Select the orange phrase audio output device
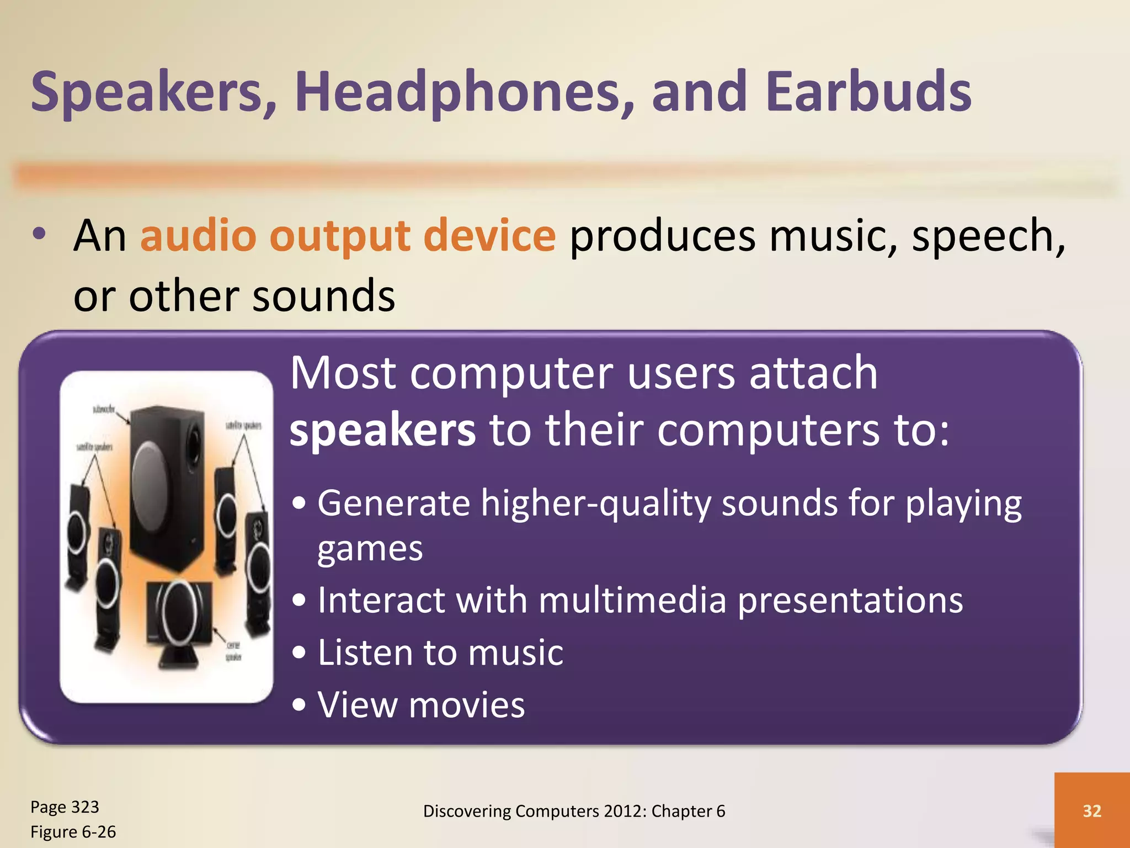click(348, 236)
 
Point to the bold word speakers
click(382, 431)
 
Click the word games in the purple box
click(370, 550)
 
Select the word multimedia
click(632, 601)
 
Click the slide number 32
click(1092, 810)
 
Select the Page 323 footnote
click(65, 807)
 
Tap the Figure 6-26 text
click(73, 832)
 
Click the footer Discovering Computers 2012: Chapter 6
click(574, 811)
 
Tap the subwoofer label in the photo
click(103, 409)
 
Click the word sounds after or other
click(323, 296)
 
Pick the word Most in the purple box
click(343, 373)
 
